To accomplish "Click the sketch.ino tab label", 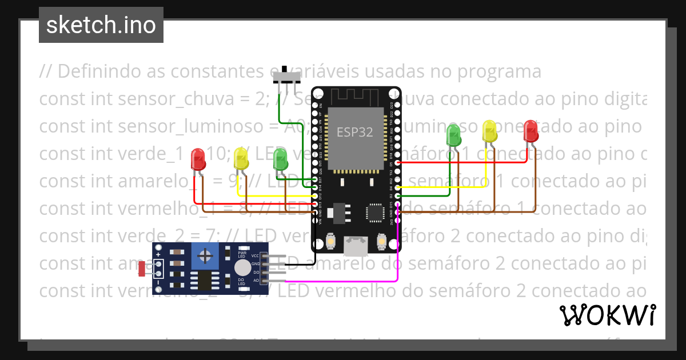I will click(101, 25).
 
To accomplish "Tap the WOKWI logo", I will click(607, 315).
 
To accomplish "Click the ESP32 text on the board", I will click(354, 133).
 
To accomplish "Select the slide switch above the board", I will click(286, 77).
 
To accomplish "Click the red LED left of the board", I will click(198, 159).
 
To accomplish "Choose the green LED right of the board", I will click(453, 135).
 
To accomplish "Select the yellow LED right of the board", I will click(490, 131).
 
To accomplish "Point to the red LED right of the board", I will click(531, 131).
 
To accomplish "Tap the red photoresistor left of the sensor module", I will click(142, 269).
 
